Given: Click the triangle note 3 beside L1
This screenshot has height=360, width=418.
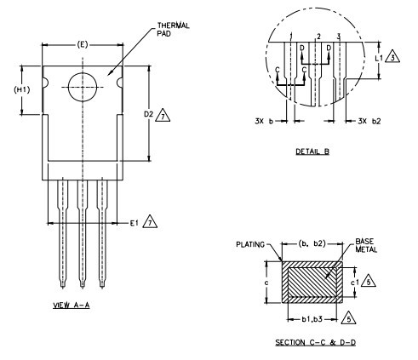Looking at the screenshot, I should [x=392, y=57].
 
